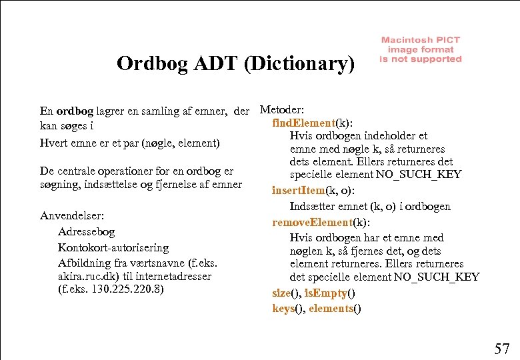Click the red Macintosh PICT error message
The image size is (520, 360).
pyautogui.click(x=420, y=50)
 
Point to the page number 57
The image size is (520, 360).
pyautogui.click(x=501, y=348)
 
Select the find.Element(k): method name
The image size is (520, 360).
pyautogui.click(x=312, y=123)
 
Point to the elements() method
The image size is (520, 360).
pyautogui.click(x=335, y=308)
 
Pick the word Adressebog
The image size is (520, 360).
pyautogui.click(x=86, y=232)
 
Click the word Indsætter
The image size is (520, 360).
pyautogui.click(x=313, y=207)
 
